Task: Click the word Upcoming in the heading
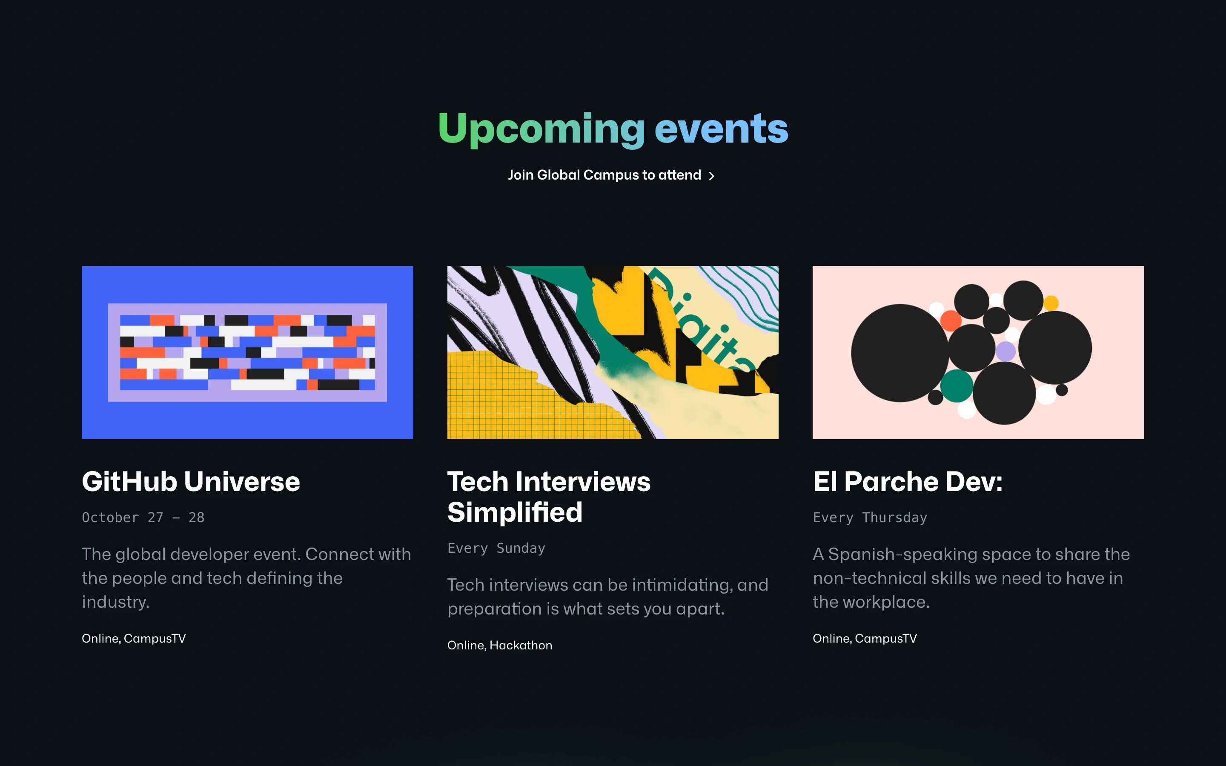point(541,130)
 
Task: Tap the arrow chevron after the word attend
point(711,176)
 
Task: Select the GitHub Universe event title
point(191,481)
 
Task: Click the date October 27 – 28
point(143,517)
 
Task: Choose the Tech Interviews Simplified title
point(549,497)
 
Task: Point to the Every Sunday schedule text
point(496,548)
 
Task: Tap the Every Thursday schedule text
point(870,517)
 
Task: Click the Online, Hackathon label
point(499,645)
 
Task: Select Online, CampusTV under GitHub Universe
point(134,638)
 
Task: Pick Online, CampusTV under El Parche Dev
point(865,638)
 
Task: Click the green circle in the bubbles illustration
point(957,386)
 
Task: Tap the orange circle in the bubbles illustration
point(951,321)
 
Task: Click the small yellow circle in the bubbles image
point(1051,303)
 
